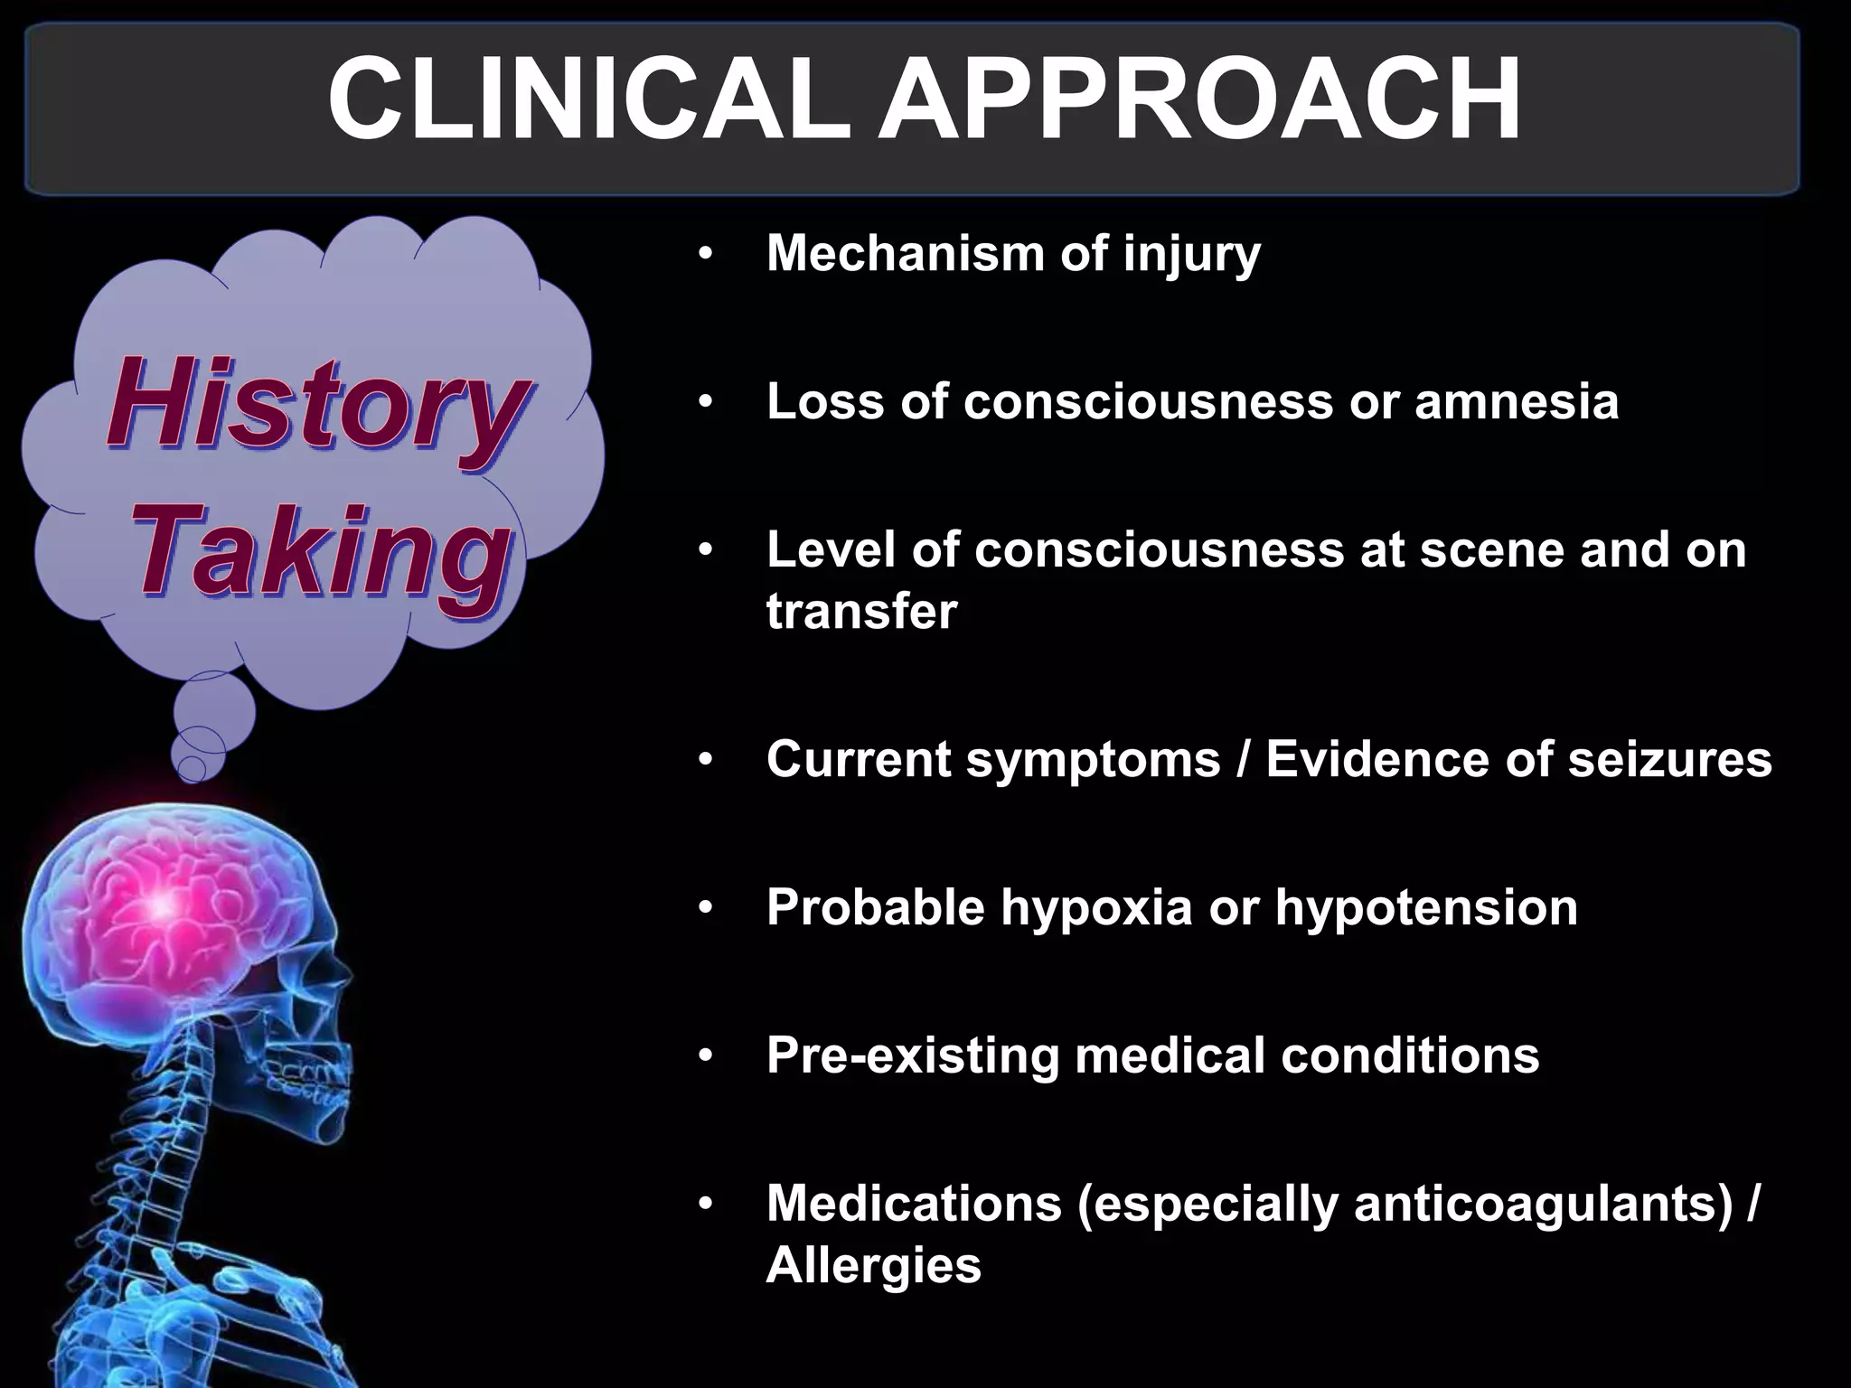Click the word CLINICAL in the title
click(588, 100)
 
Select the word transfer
click(861, 612)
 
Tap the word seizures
click(1669, 758)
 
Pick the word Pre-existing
click(912, 1055)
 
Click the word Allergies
click(873, 1264)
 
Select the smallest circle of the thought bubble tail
click(192, 769)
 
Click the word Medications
click(914, 1204)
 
